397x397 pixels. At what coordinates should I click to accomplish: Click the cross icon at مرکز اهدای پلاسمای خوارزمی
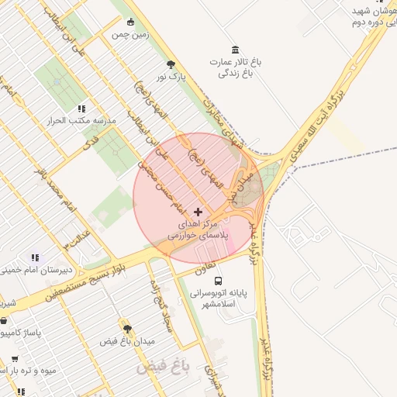198,212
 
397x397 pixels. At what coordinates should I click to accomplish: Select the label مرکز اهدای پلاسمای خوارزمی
198,229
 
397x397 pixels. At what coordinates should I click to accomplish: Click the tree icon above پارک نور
171,65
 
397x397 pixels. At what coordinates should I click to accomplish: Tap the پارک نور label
171,78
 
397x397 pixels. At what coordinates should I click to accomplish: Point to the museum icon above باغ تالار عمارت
235,49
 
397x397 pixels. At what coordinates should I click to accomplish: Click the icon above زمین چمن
130,22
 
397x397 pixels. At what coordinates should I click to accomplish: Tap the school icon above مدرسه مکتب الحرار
81,109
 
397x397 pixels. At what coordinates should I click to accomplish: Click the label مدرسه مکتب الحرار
81,122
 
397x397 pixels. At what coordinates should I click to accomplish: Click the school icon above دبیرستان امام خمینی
34,257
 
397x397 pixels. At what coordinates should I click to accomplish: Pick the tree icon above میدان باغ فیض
127,329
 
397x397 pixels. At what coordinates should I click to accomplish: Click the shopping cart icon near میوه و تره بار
15,358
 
